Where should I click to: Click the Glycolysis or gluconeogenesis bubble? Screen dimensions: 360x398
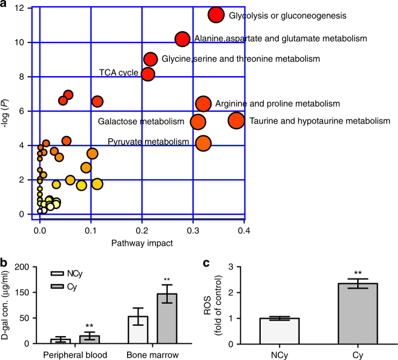tap(216, 15)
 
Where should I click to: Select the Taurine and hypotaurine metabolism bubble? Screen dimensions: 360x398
tap(237, 120)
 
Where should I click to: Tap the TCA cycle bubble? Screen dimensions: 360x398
tap(148, 74)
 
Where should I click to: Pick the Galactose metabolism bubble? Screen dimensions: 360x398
tap(198, 122)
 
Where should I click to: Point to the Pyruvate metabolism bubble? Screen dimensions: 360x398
tap(203, 143)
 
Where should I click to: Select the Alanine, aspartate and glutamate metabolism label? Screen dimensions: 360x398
tap(280, 39)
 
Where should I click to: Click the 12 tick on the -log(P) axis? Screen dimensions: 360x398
tap(20, 8)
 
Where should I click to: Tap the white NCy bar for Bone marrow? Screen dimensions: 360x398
tap(139, 330)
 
